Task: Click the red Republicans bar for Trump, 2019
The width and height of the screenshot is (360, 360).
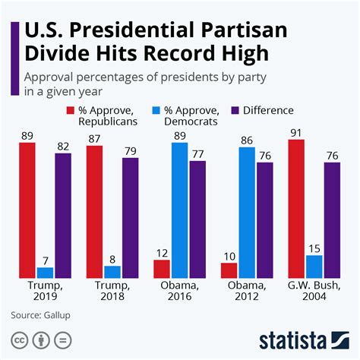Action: point(27,209)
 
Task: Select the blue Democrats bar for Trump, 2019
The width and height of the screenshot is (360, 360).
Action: point(46,271)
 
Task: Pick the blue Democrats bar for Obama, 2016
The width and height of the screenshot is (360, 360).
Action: point(180,209)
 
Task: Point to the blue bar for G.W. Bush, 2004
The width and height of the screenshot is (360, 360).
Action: point(314,266)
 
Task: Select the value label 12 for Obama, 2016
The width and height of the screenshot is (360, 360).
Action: point(161,253)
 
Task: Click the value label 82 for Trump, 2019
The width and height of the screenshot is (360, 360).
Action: point(64,147)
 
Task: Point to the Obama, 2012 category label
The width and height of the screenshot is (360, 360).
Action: point(247,291)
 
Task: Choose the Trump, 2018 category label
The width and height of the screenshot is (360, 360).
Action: point(112,291)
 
